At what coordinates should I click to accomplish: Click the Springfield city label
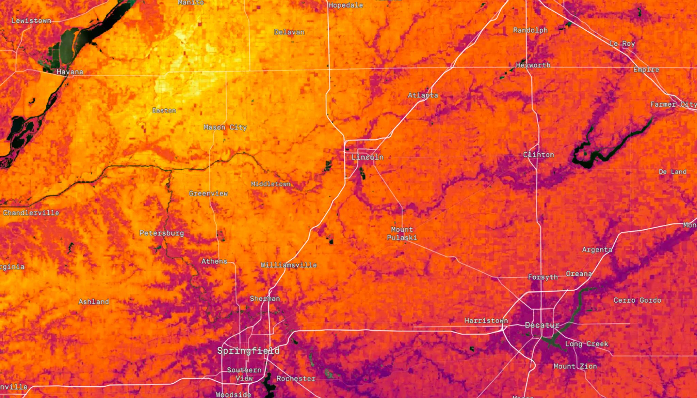point(248,351)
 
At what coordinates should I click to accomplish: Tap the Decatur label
point(542,325)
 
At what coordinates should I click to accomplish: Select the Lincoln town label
point(367,157)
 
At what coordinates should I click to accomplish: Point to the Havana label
point(70,72)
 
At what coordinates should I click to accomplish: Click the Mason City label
point(225,127)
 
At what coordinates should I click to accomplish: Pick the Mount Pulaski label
point(402,233)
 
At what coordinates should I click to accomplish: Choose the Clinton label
point(538,155)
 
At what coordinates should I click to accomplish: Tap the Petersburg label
point(162,233)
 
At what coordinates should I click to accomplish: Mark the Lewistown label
point(31,21)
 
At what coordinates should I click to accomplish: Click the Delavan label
point(289,32)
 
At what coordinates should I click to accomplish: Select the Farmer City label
point(673,104)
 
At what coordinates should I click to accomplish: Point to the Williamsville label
point(289,265)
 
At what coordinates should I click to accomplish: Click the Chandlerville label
point(31,213)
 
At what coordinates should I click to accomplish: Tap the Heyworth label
point(533,65)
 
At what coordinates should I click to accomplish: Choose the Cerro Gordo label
point(637,300)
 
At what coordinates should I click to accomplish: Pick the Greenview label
point(208,193)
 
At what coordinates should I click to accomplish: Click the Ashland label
point(94,302)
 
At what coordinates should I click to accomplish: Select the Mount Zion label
point(575,366)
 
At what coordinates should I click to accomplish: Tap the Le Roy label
point(622,44)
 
